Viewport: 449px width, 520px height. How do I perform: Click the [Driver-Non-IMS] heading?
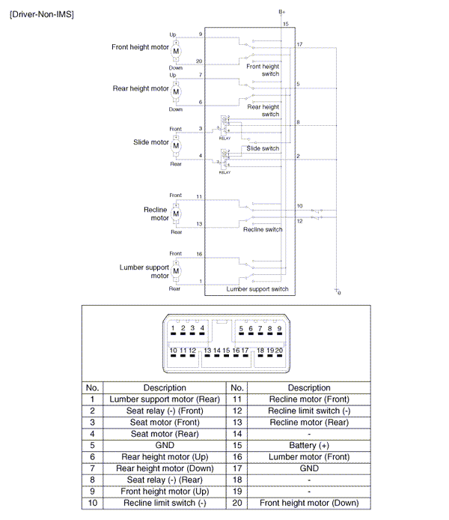pos(42,14)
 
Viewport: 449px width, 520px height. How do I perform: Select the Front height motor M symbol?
pos(177,50)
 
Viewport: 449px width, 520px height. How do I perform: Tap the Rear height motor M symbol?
pos(177,91)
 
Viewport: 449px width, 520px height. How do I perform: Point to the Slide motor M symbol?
pos(177,145)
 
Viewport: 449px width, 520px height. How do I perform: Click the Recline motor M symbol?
pos(177,214)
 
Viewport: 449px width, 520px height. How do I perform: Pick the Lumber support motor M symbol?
pos(177,270)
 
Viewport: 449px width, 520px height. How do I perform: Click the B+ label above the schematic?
pos(282,12)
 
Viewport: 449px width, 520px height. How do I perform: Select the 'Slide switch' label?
pos(263,148)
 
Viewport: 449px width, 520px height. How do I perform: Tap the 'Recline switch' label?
pos(263,229)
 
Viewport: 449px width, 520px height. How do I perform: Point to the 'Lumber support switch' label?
pos(257,289)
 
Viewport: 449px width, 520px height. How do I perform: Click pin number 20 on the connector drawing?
pos(279,350)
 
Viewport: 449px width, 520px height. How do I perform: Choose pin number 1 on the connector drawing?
pos(173,328)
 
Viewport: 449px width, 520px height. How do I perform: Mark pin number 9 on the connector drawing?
pos(279,328)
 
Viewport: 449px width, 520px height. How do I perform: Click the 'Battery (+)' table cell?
pos(308,445)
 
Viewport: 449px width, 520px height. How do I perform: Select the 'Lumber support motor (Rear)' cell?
pos(165,399)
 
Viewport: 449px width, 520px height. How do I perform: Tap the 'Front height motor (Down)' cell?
pos(308,503)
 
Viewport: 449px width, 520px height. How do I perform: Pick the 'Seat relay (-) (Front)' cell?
pos(165,411)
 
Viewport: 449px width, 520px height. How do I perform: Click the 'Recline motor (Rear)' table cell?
pos(308,423)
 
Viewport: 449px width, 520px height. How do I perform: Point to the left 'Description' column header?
pos(165,387)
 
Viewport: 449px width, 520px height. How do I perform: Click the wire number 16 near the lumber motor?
pos(199,255)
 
